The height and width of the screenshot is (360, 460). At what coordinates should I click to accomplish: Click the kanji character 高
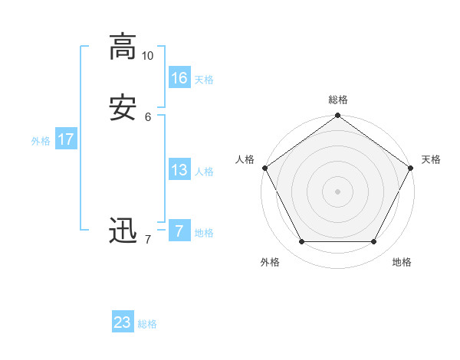[x=122, y=47]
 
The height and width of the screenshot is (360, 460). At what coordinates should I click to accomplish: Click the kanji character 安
[x=122, y=108]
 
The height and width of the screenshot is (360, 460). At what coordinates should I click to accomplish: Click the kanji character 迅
[x=122, y=230]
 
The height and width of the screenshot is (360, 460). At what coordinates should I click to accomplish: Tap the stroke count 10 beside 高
[x=148, y=56]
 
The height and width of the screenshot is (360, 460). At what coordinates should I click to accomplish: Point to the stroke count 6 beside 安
[x=148, y=117]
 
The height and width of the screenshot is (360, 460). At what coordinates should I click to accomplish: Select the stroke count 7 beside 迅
[x=148, y=239]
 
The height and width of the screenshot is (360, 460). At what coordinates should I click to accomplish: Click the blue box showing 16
[x=179, y=78]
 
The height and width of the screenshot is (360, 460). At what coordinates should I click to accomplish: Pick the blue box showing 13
[x=179, y=170]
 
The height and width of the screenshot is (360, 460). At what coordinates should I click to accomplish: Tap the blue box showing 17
[x=66, y=139]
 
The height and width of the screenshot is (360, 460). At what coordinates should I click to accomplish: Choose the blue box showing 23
[x=123, y=322]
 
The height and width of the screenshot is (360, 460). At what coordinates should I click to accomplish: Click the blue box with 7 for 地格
[x=179, y=231]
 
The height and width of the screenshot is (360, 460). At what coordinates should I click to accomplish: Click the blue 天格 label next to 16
[x=204, y=80]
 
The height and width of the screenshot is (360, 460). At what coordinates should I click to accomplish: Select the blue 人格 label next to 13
[x=204, y=172]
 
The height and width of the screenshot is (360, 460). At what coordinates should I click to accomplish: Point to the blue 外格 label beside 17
[x=41, y=141]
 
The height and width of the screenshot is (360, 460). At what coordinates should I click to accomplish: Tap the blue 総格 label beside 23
[x=147, y=324]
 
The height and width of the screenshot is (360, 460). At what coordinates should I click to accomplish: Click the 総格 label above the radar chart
[x=338, y=100]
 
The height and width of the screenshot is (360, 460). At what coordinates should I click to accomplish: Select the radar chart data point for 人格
[x=264, y=167]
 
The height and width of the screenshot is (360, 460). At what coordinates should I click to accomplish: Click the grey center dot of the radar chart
[x=338, y=191]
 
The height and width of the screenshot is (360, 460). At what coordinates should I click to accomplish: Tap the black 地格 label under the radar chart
[x=402, y=262]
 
